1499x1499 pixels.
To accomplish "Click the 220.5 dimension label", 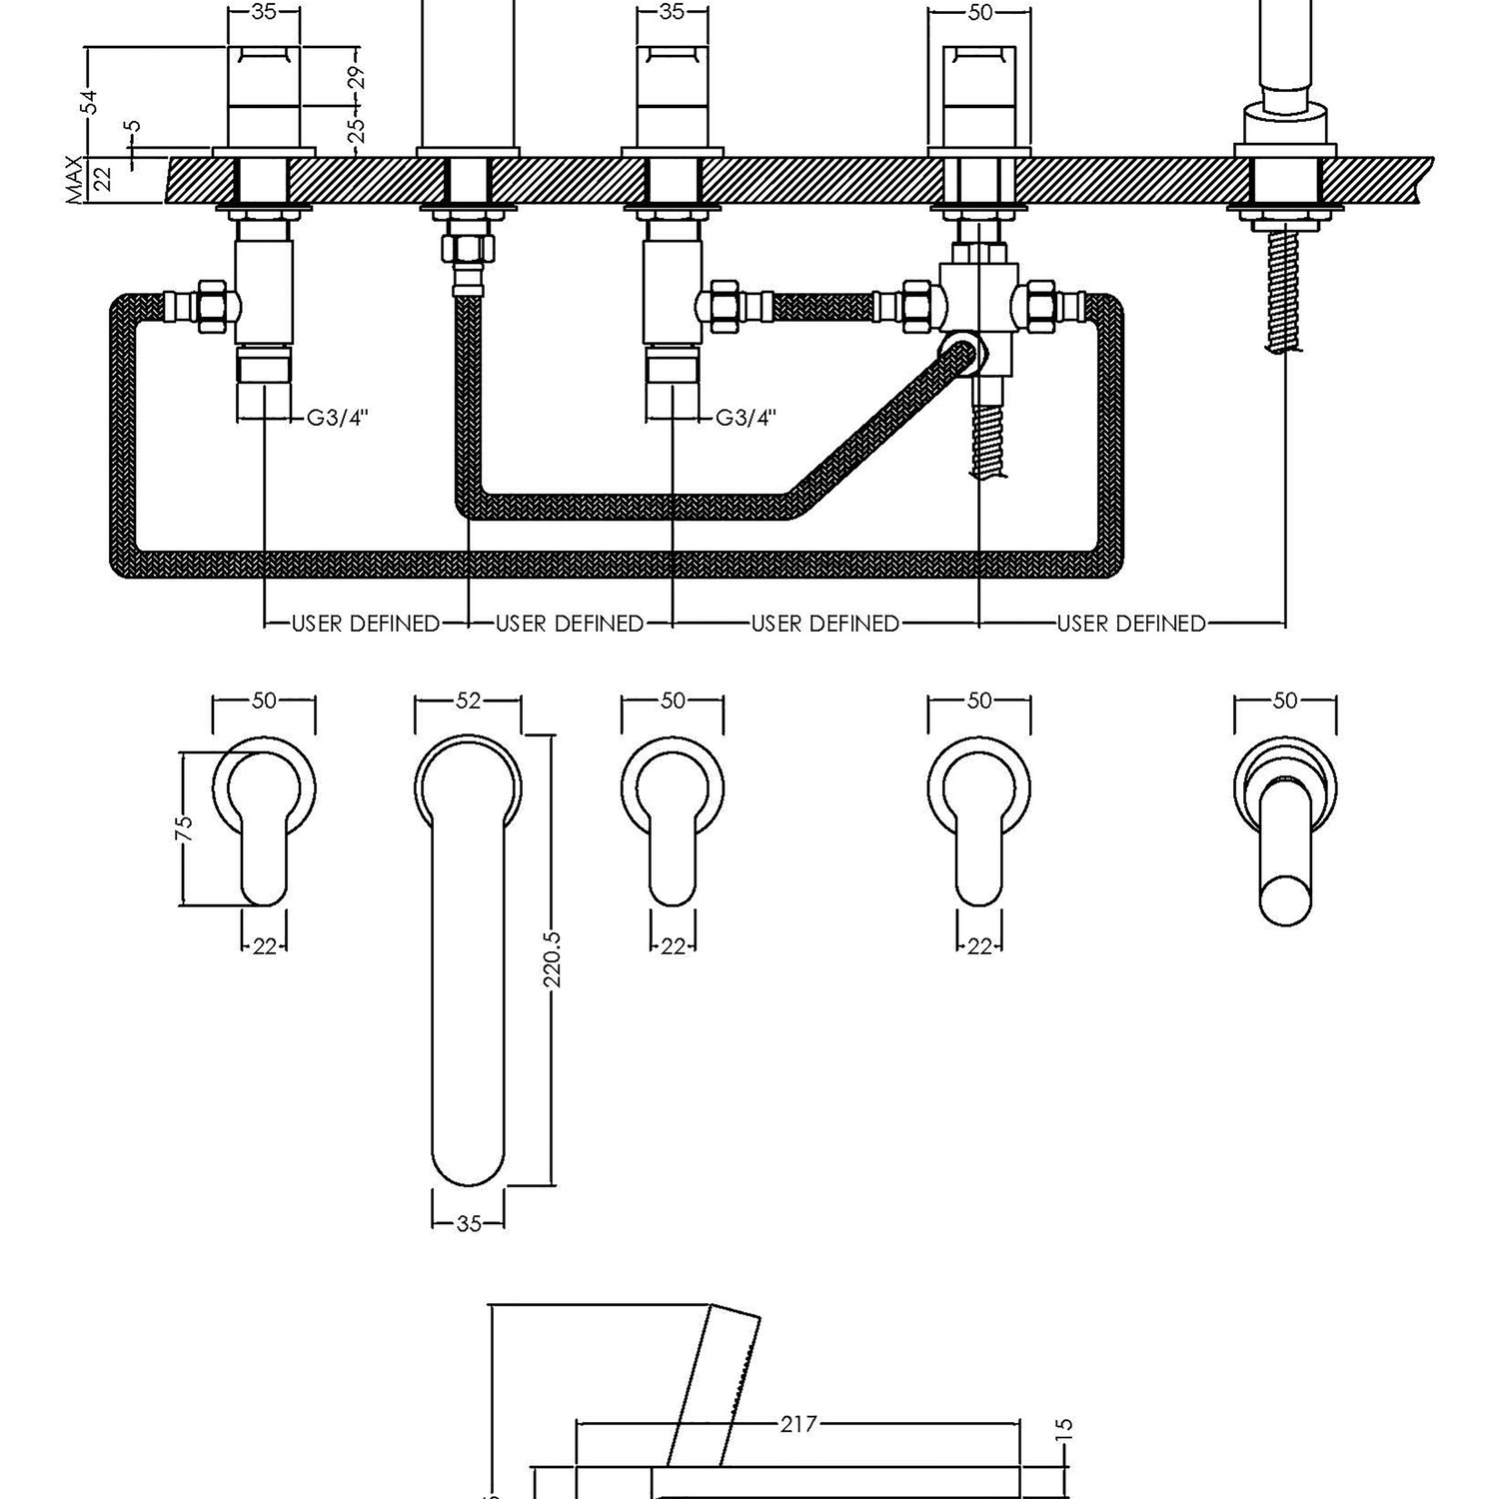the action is click(556, 959).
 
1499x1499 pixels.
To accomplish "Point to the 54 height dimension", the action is click(90, 101).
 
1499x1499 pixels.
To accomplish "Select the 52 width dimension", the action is click(469, 702).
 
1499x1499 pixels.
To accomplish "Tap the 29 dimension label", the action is click(360, 78).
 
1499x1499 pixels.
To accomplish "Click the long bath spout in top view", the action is click(469, 960).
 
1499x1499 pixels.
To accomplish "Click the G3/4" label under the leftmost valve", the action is click(338, 418).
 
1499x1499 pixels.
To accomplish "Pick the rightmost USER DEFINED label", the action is click(1131, 624).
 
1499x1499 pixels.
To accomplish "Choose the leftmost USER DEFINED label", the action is click(365, 624).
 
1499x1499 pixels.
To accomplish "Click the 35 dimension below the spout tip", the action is click(469, 1223).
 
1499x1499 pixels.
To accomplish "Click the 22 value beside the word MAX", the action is click(102, 181).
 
